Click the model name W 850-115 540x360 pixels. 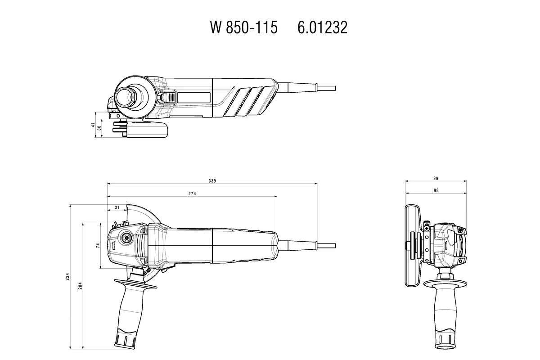pyautogui.click(x=243, y=28)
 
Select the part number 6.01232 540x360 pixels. pyautogui.click(x=322, y=28)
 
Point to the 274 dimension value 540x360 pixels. pyautogui.click(x=193, y=193)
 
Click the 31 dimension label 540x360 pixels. pyautogui.click(x=117, y=207)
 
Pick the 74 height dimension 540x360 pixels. pyautogui.click(x=97, y=246)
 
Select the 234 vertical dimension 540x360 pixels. pyautogui.click(x=67, y=276)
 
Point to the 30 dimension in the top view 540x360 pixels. pyautogui.click(x=99, y=128)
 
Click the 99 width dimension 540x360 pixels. pyautogui.click(x=436, y=178)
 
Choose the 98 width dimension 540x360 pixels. pyautogui.click(x=436, y=191)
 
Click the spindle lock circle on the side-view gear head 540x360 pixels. pyautogui.click(x=125, y=238)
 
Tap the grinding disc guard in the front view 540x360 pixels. pyautogui.click(x=411, y=245)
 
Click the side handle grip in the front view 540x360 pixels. pyautogui.click(x=443, y=315)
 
